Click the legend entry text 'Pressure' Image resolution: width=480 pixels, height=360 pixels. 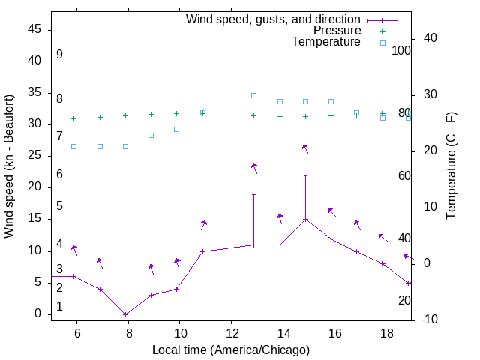click(x=337, y=31)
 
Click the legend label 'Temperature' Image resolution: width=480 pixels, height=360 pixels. click(x=326, y=43)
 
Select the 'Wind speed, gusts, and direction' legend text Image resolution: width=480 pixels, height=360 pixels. click(x=273, y=19)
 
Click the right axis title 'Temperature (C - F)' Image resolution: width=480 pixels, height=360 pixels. click(x=451, y=165)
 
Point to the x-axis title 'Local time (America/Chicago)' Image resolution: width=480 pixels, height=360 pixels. click(x=230, y=350)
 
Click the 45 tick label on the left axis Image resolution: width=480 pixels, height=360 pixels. click(x=35, y=28)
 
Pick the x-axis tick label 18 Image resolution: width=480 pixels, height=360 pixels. click(x=385, y=331)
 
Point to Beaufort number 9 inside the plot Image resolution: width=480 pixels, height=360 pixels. click(x=59, y=55)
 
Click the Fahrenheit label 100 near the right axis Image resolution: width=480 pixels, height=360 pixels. click(x=402, y=50)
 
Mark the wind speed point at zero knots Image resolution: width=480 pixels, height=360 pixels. click(x=125, y=314)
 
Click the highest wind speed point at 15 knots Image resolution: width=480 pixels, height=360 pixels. click(x=305, y=220)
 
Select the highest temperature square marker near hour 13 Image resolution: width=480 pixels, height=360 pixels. click(x=254, y=96)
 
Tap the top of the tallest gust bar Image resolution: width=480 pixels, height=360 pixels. click(x=305, y=175)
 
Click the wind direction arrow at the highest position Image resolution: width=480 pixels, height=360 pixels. click(x=305, y=148)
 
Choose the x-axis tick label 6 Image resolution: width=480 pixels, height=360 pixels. click(x=76, y=331)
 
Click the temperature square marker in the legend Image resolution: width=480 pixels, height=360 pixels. click(x=382, y=43)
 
